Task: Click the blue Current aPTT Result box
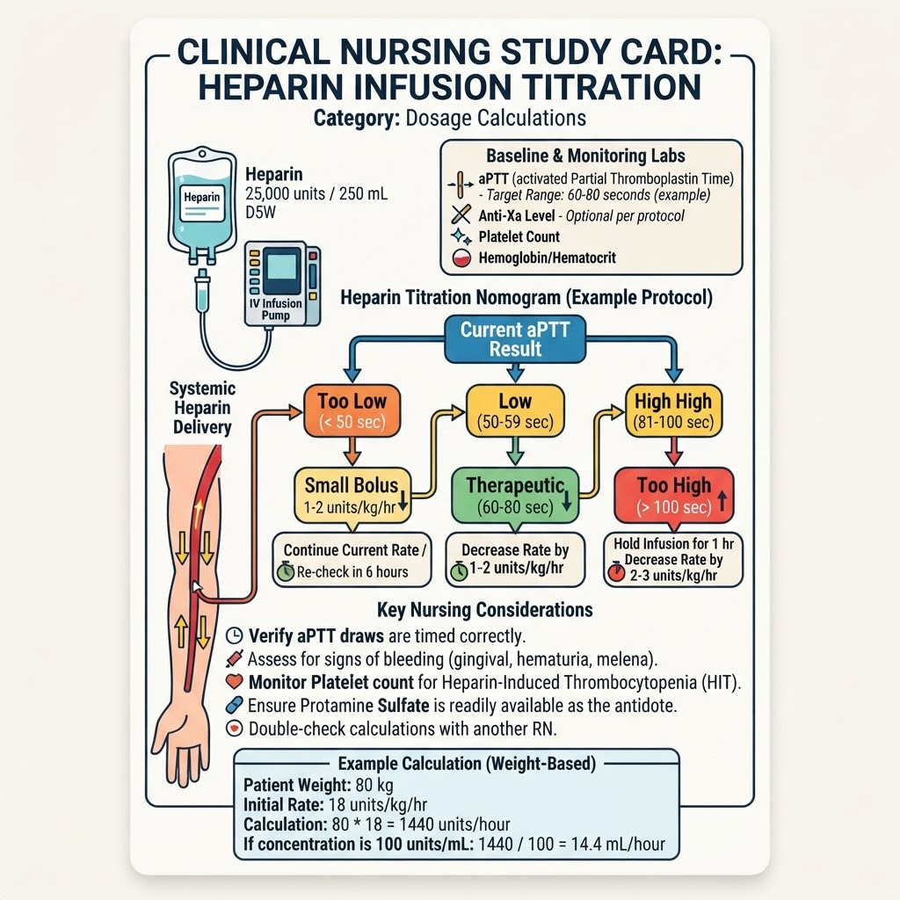515,339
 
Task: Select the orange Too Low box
352,411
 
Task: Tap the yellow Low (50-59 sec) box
515,411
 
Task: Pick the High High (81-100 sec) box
673,411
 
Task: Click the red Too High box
674,496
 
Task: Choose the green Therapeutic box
515,496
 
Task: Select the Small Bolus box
352,496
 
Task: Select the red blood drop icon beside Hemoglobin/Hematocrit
461,258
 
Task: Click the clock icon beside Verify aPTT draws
234,635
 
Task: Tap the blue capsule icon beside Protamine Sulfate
234,705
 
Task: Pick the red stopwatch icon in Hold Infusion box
616,571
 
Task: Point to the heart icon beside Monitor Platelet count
234,681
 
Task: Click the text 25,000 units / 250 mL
316,194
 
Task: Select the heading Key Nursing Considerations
485,609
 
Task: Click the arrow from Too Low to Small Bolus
352,451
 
